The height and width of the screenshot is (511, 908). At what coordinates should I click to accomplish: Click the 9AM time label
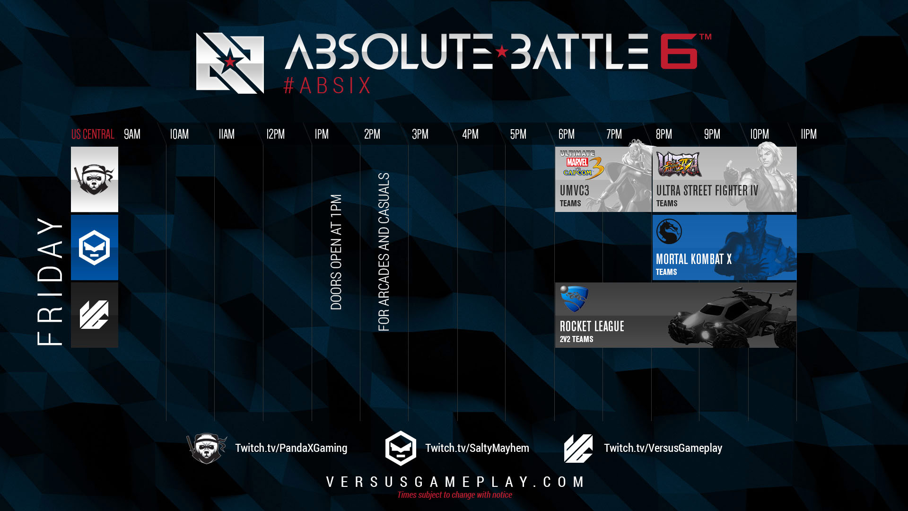click(132, 134)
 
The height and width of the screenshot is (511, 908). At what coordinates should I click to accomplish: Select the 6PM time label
click(566, 134)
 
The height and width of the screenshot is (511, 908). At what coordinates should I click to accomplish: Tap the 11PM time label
click(808, 134)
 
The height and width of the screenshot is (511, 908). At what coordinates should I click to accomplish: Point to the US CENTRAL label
click(93, 134)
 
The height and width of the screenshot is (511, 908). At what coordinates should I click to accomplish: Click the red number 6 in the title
click(679, 52)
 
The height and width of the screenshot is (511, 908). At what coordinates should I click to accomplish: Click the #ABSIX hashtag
click(327, 86)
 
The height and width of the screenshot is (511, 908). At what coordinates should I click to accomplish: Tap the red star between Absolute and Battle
click(502, 51)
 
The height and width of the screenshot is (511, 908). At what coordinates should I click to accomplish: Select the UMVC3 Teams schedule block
click(603, 179)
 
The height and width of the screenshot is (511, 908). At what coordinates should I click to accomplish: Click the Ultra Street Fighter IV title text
click(707, 191)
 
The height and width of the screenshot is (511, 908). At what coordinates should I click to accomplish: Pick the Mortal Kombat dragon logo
click(669, 231)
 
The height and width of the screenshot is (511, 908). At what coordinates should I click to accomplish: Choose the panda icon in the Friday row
click(95, 179)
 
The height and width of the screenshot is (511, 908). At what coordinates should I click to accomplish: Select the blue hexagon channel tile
click(95, 247)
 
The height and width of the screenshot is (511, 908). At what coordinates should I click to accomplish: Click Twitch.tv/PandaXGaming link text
click(291, 448)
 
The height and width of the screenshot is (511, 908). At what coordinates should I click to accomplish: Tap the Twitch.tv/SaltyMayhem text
click(477, 448)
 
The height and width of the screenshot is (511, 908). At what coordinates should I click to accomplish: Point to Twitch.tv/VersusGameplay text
click(663, 448)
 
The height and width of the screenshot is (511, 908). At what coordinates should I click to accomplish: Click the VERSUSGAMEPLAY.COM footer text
click(455, 482)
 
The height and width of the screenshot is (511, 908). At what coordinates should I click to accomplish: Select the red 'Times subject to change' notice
click(454, 495)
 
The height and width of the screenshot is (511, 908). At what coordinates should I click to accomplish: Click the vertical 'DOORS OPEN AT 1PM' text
click(336, 252)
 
